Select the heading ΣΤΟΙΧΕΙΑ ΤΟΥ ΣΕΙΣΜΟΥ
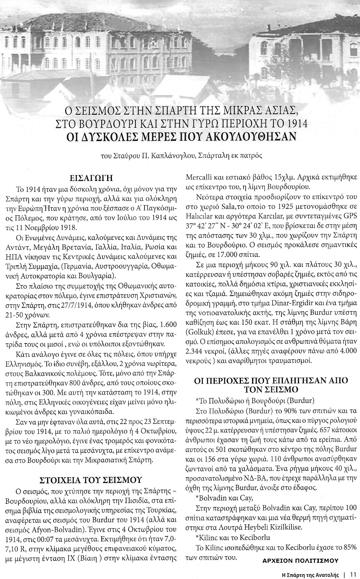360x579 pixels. (x=91, y=479)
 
